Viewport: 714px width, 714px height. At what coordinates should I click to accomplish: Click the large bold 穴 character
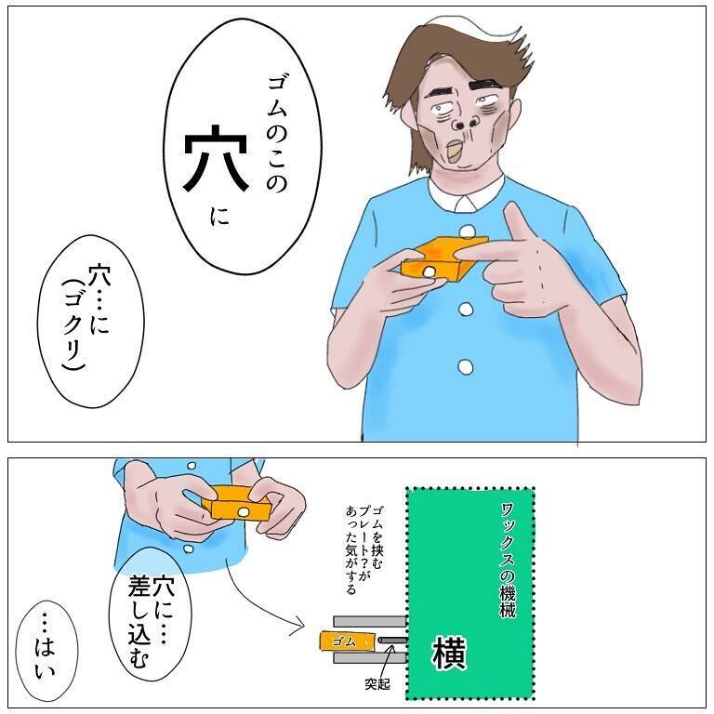216,157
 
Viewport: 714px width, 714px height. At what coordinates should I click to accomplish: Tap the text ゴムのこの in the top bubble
275,134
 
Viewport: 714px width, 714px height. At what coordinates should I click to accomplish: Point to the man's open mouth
456,151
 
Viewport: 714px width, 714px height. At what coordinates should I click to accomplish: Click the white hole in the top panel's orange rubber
429,271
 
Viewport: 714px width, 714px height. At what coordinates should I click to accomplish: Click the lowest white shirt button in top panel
465,365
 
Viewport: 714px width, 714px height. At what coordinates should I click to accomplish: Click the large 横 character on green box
448,653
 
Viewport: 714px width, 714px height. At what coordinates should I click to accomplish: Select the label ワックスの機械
508,560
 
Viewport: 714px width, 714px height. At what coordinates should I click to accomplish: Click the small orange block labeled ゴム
348,641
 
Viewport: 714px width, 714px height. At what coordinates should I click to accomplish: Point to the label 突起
377,684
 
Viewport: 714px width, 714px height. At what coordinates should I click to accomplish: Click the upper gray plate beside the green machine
370,621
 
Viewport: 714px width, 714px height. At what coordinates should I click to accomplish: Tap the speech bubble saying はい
46,651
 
